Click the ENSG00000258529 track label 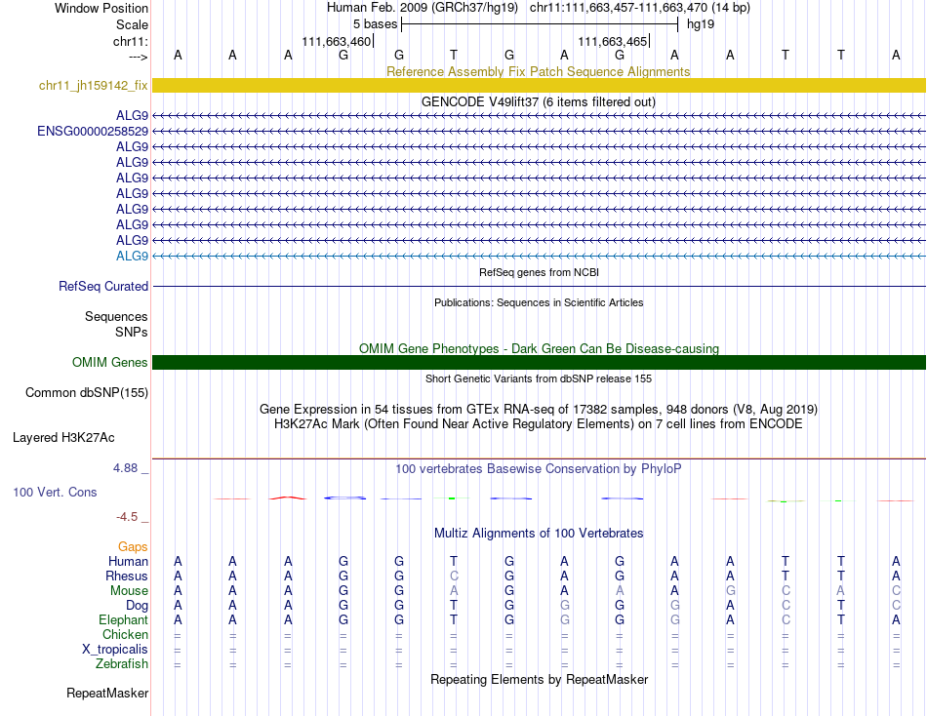[93, 131]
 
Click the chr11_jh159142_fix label [94, 86]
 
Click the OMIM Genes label [110, 363]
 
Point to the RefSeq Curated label [103, 287]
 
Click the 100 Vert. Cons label [55, 493]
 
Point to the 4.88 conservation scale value [127, 468]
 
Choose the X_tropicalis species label [115, 650]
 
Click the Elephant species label [123, 620]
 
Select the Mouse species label [130, 590]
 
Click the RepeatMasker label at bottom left [107, 694]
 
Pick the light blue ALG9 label [132, 256]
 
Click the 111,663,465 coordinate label [612, 42]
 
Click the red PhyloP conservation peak [288, 497]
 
